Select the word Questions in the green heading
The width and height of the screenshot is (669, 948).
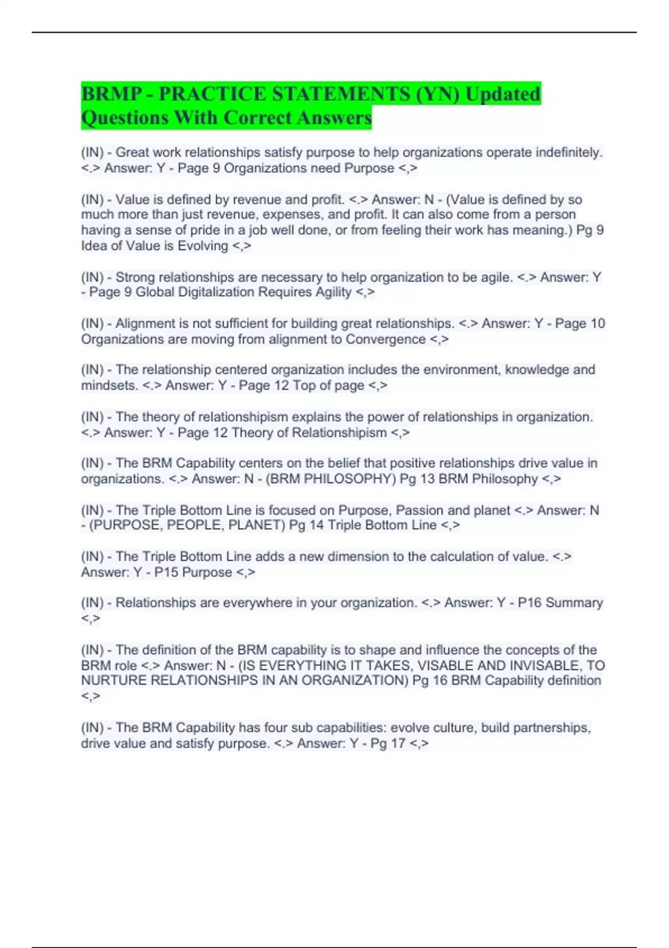[125, 118]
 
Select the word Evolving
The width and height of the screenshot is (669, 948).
[203, 246]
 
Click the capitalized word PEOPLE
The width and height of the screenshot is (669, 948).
[195, 525]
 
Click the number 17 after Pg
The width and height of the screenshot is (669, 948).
[397, 743]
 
